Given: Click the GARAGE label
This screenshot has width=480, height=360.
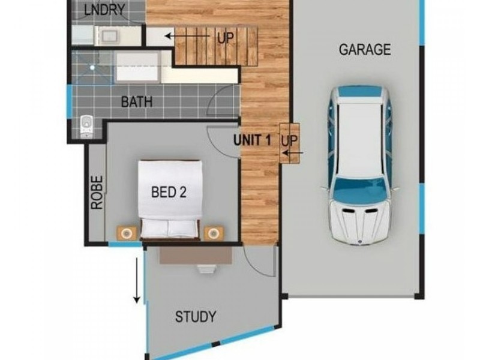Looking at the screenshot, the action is (365, 50).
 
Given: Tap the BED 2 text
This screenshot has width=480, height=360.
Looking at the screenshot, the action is (169, 192).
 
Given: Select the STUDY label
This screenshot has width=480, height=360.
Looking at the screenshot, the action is (196, 317).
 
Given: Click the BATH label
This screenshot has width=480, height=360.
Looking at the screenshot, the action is (137, 101).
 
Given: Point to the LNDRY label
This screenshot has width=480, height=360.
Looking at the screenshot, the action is (104, 10).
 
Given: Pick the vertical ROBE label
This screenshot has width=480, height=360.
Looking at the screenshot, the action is (97, 192).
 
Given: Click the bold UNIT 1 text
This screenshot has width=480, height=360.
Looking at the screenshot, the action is (252, 140).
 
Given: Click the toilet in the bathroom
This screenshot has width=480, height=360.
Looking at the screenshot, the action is (86, 126).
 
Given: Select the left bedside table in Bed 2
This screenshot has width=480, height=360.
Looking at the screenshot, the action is (127, 233).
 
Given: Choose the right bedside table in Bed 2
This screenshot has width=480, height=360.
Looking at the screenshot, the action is (214, 233).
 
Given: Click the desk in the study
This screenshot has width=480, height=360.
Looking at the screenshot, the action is (196, 256).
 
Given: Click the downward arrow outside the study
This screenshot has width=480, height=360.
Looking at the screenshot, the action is (137, 280).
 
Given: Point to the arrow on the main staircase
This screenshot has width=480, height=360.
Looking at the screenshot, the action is (187, 36).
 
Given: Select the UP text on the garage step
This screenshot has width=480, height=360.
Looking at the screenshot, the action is (289, 140).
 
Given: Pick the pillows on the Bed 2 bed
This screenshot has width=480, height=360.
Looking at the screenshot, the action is (169, 228).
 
